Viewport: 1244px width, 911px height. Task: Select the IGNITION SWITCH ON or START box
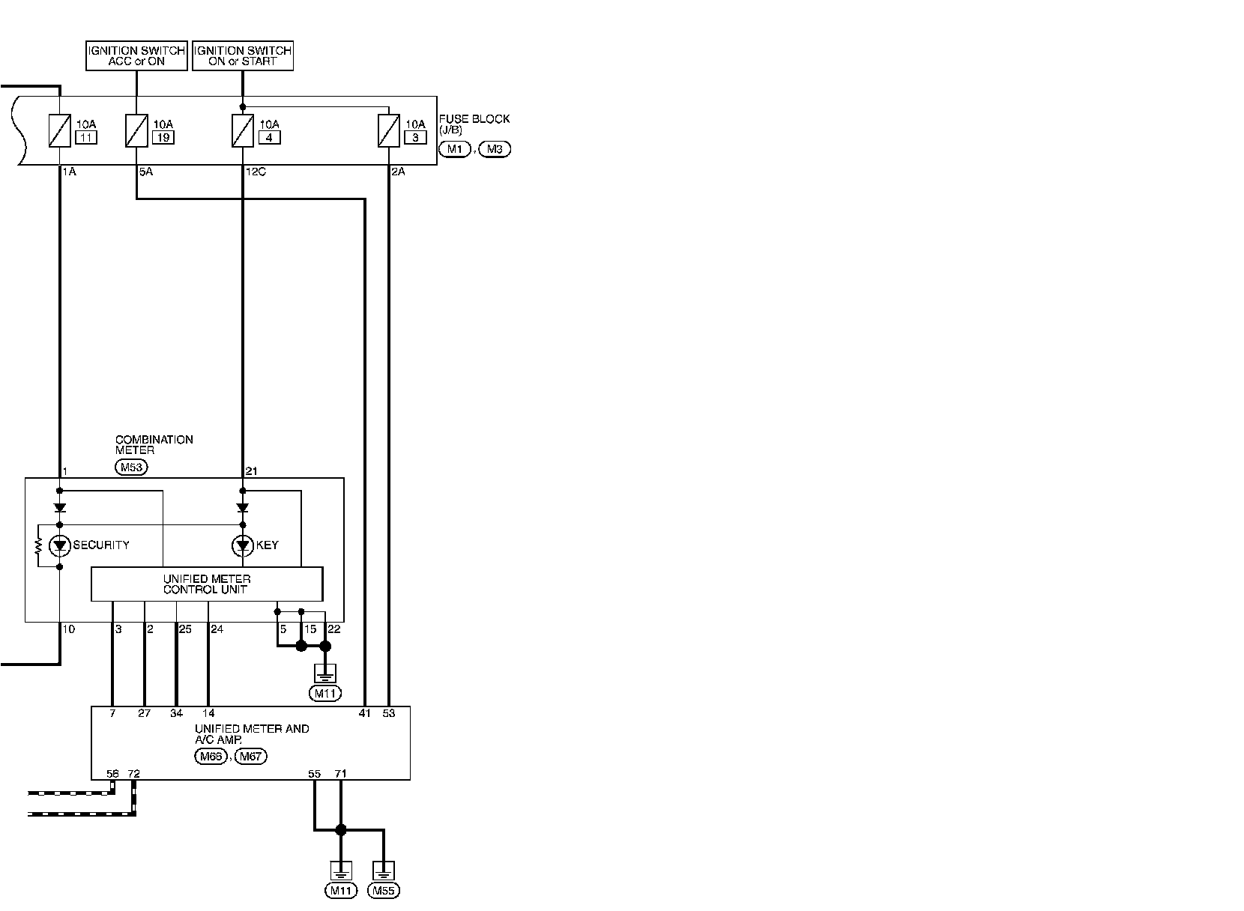(243, 55)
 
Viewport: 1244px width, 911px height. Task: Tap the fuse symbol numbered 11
(59, 131)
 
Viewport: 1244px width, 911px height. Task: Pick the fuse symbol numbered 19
(136, 131)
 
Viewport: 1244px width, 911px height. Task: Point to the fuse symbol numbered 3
(389, 131)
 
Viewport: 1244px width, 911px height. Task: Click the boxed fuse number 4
(269, 138)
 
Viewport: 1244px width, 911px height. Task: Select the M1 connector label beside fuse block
(455, 149)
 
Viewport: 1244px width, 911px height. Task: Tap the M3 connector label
(495, 149)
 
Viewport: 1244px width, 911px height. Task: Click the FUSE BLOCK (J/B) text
(474, 124)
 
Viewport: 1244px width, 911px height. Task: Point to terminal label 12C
(256, 172)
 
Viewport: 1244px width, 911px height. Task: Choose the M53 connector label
(132, 467)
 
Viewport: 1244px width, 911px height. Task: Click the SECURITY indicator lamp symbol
(59, 546)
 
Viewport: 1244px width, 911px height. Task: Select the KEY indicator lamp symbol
(243, 546)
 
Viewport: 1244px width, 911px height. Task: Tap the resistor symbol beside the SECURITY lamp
(38, 547)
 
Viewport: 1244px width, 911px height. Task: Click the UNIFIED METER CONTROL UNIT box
(207, 584)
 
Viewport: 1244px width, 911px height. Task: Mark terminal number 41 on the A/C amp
(364, 713)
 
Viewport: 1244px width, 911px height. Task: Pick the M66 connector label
(211, 757)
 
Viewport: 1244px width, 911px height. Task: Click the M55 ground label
(384, 891)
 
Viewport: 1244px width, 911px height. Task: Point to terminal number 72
(134, 774)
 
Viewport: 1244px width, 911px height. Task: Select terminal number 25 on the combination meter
(186, 629)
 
